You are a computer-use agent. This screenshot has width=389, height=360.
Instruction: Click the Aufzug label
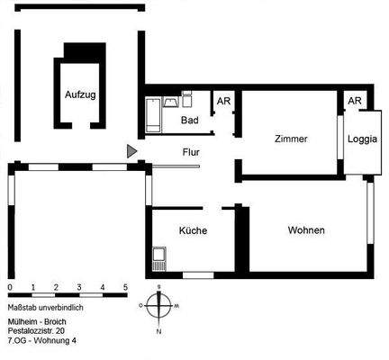pyautogui.click(x=79, y=94)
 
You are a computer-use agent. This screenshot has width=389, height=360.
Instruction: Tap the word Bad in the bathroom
pyautogui.click(x=189, y=120)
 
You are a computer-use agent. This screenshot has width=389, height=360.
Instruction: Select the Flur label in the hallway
pyautogui.click(x=190, y=152)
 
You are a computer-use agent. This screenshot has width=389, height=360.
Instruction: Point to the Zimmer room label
pyautogui.click(x=292, y=139)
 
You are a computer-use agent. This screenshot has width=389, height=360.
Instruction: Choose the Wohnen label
pyautogui.click(x=306, y=230)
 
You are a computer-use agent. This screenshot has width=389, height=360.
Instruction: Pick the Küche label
pyautogui.click(x=193, y=230)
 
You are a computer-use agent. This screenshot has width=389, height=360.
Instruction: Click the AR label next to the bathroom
pyautogui.click(x=222, y=101)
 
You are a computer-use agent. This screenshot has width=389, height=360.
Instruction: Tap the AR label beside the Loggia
pyautogui.click(x=355, y=101)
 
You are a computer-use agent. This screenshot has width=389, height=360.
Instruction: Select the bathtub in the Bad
pyautogui.click(x=154, y=115)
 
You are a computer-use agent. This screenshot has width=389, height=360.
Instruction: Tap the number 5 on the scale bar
pyautogui.click(x=125, y=288)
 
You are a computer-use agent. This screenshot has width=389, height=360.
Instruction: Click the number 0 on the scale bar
pyautogui.click(x=9, y=288)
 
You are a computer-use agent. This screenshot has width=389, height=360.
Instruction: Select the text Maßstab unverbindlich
pyautogui.click(x=45, y=307)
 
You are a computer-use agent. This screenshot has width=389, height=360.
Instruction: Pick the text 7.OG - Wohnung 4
pyautogui.click(x=42, y=341)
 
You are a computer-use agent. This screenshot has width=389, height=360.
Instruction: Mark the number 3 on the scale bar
pyautogui.click(x=79, y=288)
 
